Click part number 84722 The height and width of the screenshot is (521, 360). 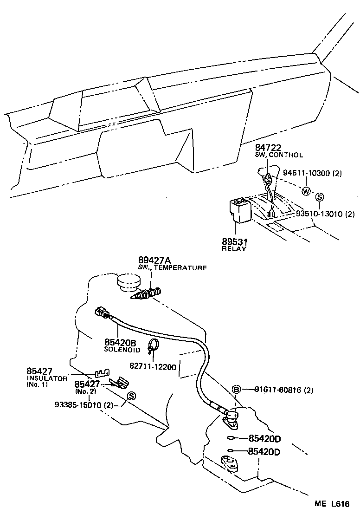tap(268, 147)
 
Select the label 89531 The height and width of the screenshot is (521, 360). tap(235, 241)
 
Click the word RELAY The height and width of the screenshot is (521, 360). tap(235, 249)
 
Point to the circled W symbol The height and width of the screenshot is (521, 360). tap(306, 191)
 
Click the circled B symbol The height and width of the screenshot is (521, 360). tap(236, 389)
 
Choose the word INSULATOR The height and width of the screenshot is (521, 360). tap(47, 378)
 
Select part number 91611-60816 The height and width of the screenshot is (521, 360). tap(283, 390)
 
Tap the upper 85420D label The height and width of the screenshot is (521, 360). tap(265, 438)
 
